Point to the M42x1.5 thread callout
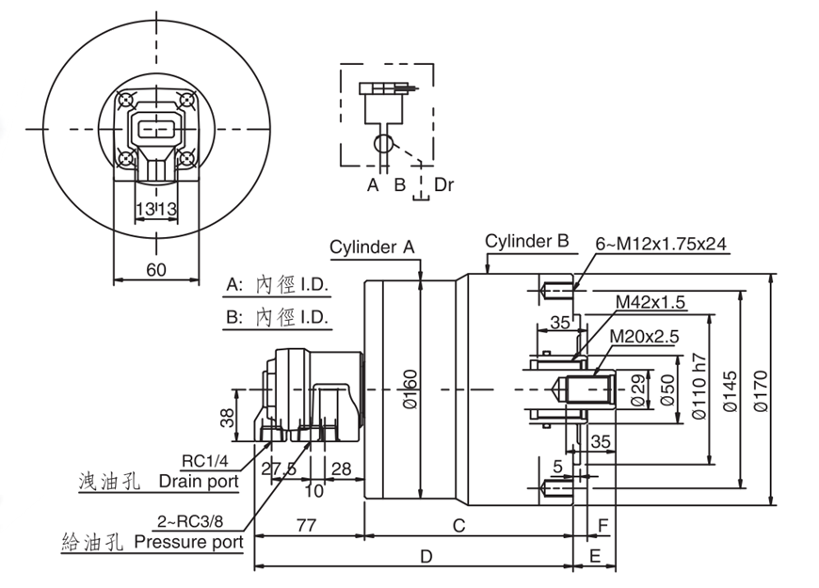(x=650, y=301)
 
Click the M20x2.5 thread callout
(x=644, y=336)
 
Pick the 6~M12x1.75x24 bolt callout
(x=660, y=244)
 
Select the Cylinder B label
(x=527, y=240)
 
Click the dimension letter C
(x=459, y=526)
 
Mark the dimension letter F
(x=603, y=526)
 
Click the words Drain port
(x=199, y=482)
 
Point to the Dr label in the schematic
(x=443, y=184)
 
